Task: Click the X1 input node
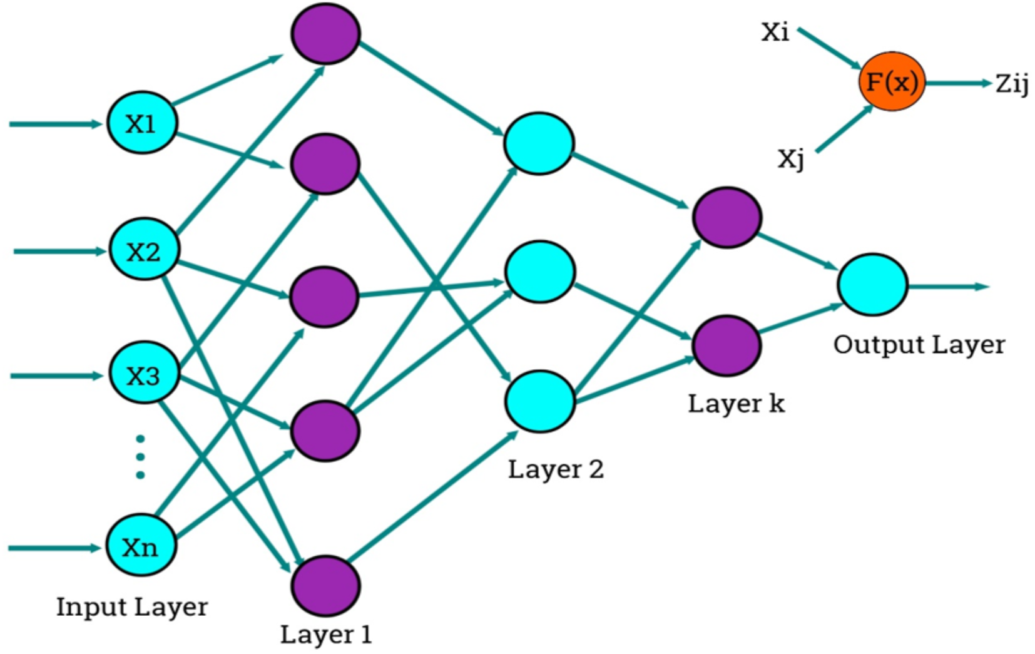142,123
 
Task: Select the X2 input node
144,250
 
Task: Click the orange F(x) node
892,81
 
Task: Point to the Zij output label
1012,83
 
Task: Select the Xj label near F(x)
790,158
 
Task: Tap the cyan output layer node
872,285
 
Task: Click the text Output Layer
919,345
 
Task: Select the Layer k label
736,404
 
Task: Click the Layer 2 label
556,469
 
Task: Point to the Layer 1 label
325,634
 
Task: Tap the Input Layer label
132,606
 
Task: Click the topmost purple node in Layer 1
325,33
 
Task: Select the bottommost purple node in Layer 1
325,585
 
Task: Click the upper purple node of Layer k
727,217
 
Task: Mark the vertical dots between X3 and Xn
140,457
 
